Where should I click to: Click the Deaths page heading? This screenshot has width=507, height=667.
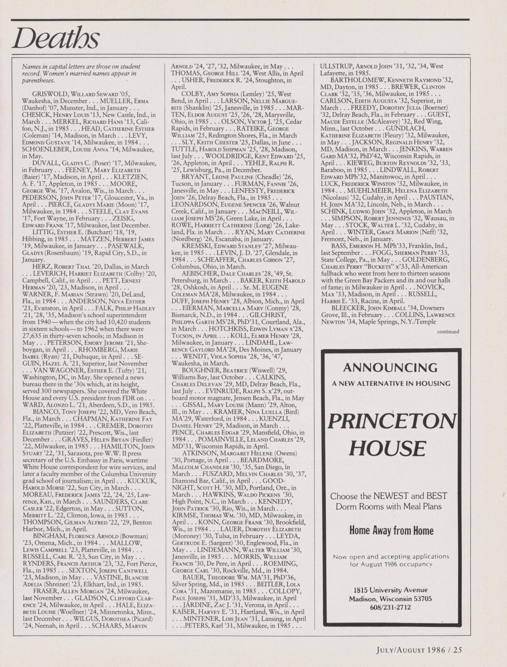click(x=56, y=37)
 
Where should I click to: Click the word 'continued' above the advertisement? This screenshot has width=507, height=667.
click(x=447, y=332)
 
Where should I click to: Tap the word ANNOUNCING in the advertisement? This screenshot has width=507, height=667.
click(x=390, y=368)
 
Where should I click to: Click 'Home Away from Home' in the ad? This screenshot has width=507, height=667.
click(x=391, y=531)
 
